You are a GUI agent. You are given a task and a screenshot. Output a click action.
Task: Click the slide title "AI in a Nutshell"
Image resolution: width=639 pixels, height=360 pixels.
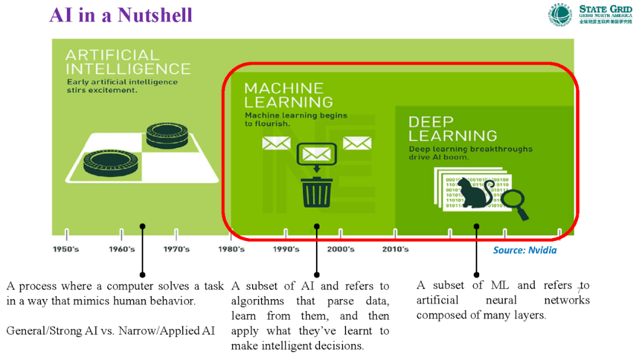[121, 15]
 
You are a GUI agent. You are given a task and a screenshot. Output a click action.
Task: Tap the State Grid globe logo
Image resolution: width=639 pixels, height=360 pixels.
[559, 15]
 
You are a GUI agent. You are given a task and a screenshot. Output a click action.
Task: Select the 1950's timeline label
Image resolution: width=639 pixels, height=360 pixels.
[66, 249]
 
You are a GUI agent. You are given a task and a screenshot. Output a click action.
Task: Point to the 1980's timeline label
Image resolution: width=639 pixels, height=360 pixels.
[231, 249]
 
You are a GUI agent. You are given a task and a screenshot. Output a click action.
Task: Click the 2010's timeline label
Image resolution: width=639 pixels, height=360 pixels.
[395, 249]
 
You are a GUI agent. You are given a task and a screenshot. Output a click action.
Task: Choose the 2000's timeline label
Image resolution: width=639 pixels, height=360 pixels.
[340, 249]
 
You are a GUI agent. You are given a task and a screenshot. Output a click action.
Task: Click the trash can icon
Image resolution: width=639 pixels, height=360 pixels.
[317, 192]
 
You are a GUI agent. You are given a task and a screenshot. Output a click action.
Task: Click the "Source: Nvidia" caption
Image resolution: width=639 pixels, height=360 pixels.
[525, 250]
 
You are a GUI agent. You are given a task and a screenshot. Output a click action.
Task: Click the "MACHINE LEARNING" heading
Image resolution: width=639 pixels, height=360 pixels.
[288, 95]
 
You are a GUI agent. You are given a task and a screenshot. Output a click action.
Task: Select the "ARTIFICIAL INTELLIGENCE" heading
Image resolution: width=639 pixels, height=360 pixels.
[128, 62]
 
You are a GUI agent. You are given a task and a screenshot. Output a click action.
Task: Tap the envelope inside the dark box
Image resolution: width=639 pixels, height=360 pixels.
[317, 155]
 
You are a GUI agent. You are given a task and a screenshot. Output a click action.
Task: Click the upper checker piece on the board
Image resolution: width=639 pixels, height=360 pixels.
[167, 133]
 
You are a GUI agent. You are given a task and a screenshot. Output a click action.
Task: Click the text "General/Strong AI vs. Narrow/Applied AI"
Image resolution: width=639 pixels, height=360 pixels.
[111, 330]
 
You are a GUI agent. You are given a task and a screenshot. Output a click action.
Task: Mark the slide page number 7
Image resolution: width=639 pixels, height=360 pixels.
[579, 290]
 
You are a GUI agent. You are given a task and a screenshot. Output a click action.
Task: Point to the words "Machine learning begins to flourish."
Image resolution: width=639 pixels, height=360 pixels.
[296, 120]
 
